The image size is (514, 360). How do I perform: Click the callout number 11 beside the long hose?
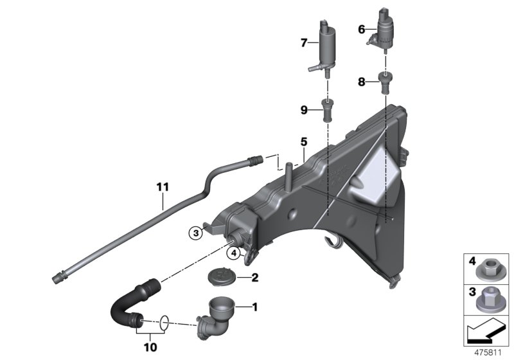point(162,187)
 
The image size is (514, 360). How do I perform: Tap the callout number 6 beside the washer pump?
point(361,29)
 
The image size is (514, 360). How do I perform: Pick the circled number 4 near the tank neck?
point(236,252)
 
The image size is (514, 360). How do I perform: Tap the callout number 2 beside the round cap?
point(254,278)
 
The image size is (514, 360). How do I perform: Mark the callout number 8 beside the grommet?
point(361,82)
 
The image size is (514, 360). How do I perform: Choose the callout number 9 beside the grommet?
point(305,110)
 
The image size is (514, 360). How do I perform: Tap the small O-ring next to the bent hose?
point(164,319)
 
